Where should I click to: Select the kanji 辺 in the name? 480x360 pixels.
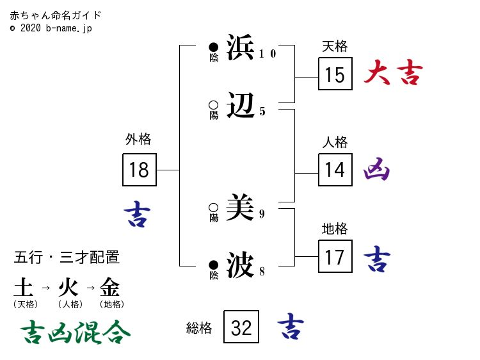tap(240, 104)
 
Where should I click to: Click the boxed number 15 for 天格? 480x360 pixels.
tap(335, 75)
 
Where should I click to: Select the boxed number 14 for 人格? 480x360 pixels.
tap(335, 169)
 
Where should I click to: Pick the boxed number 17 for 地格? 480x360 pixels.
tap(335, 257)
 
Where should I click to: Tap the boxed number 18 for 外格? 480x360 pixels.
tap(139, 169)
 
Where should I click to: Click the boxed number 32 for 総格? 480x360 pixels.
tap(241, 327)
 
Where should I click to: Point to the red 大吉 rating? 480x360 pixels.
tap(393, 74)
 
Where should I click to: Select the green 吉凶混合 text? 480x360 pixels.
tap(76, 331)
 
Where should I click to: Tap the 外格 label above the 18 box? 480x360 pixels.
tap(138, 140)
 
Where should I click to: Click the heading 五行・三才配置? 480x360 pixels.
tap(67, 258)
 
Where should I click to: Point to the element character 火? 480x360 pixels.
tap(68, 286)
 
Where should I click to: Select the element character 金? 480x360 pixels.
tap(110, 286)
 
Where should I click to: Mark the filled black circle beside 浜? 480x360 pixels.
tap(214, 47)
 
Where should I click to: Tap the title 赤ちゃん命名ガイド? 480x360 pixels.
tap(56, 15)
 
